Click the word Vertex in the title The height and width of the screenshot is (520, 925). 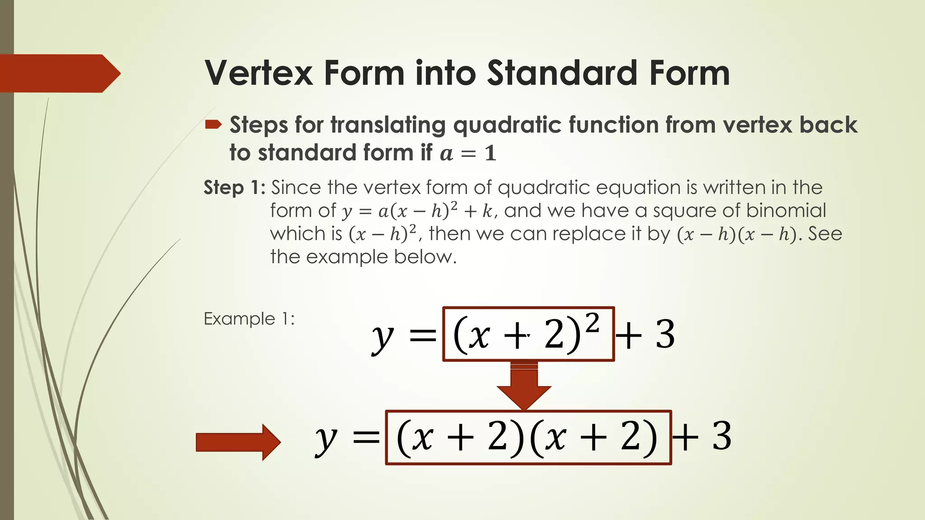coord(259,73)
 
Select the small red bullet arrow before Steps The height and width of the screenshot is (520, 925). coord(213,124)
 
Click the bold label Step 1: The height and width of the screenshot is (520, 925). coord(234,187)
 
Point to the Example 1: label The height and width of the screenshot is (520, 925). coord(249,319)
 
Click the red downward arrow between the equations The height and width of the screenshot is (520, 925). coord(524,385)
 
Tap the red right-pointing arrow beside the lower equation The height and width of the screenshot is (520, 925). coord(238,442)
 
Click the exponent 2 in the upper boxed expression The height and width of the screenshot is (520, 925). coord(592,323)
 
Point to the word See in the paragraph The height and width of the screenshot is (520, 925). coord(825,234)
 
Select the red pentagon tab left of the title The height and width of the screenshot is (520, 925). coord(59,73)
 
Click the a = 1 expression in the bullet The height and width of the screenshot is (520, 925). coord(468,153)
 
